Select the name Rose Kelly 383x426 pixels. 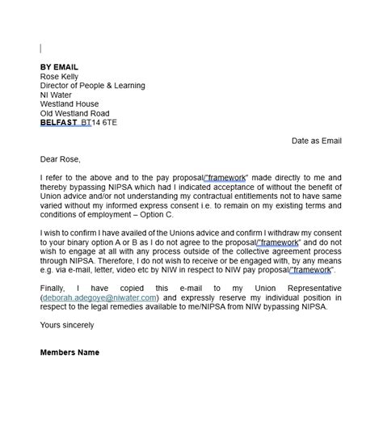pos(61,77)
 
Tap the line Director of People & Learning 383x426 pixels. pos(92,86)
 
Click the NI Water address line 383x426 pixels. pos(56,95)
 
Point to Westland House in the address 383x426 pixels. pos(69,104)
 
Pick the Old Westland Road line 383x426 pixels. pos(74,114)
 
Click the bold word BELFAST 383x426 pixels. pos(58,124)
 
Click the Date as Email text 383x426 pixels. pos(317,141)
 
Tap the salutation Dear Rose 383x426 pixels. pos(61,159)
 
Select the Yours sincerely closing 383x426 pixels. pos(66,325)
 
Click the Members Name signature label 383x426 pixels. pos(69,352)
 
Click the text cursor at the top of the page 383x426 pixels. pos(41,49)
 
